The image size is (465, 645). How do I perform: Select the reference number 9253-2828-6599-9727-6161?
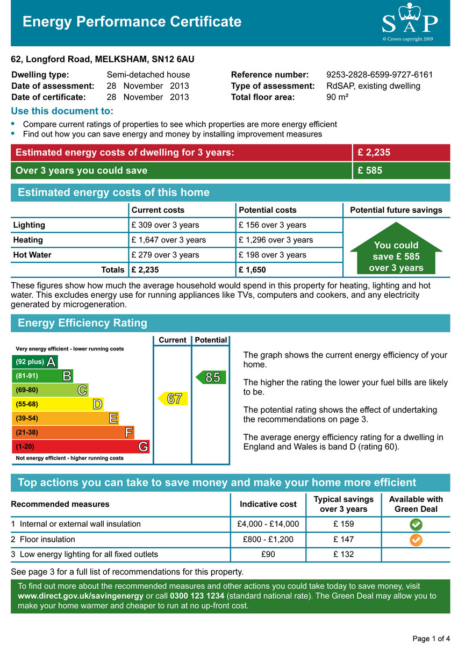coord(379,75)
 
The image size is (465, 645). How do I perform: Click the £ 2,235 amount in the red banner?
coord(374,153)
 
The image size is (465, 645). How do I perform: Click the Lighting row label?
coord(29,225)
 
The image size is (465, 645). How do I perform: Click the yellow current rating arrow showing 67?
coord(173,398)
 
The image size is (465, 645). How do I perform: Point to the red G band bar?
coord(81,447)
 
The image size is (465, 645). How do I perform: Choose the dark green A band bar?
coord(34,362)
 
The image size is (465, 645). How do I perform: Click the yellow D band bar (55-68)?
coord(58,404)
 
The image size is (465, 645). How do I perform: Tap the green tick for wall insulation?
coord(416,524)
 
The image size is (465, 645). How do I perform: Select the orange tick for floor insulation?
coord(416,539)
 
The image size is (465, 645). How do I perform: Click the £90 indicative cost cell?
coord(268,554)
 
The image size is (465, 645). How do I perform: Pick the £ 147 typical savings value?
coord(344,539)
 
